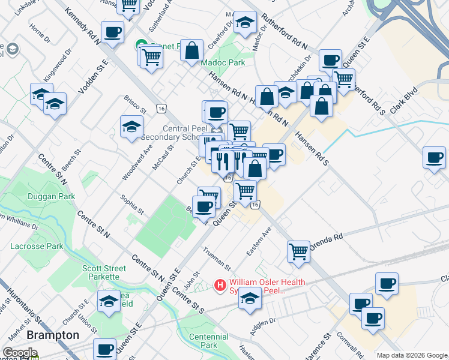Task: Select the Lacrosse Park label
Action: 37,246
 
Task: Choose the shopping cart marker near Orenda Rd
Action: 299,251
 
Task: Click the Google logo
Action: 20,353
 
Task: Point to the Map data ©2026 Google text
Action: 412,355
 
